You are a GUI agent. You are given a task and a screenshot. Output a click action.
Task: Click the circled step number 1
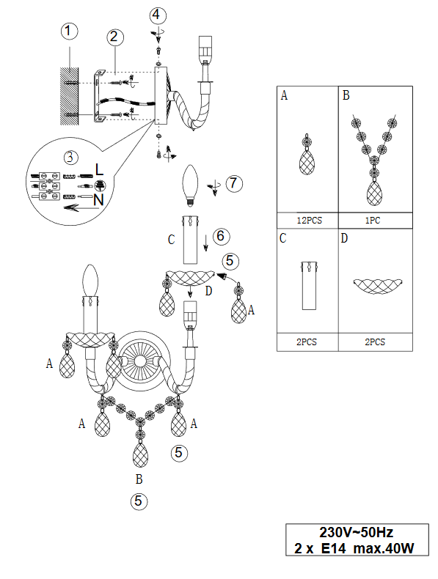pos(69,31)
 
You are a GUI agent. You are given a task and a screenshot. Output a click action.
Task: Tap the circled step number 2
pos(115,37)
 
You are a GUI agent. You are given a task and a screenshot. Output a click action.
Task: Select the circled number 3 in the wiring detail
pos(70,158)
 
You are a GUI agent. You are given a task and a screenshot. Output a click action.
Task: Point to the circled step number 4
pos(158,15)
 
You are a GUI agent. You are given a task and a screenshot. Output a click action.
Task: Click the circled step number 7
pos(234,183)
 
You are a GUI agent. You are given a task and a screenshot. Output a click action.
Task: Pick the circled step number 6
pos(221,236)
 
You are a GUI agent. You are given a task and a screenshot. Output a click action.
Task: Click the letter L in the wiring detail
pos(100,169)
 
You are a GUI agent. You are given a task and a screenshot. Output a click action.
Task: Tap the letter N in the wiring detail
pos(98,200)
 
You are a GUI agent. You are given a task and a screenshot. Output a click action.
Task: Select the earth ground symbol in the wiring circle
pos(101,185)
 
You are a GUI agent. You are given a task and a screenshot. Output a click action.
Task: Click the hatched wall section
pos(70,96)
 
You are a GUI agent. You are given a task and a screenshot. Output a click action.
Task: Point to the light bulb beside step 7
pos(190,185)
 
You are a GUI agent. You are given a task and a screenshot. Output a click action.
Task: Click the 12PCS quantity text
pos(310,221)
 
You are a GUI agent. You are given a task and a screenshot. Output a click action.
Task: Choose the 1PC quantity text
pos(373,221)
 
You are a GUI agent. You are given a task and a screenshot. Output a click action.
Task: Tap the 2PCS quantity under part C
pos(307,342)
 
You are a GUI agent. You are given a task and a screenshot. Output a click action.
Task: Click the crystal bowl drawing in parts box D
pos(377,286)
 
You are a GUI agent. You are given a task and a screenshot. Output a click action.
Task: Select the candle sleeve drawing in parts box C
pos(310,285)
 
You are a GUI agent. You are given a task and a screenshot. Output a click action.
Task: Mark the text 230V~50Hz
pos(357,533)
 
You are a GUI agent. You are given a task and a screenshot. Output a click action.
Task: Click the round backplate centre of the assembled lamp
pos(140,361)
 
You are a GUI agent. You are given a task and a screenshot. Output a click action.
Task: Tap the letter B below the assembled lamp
pos(139,479)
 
